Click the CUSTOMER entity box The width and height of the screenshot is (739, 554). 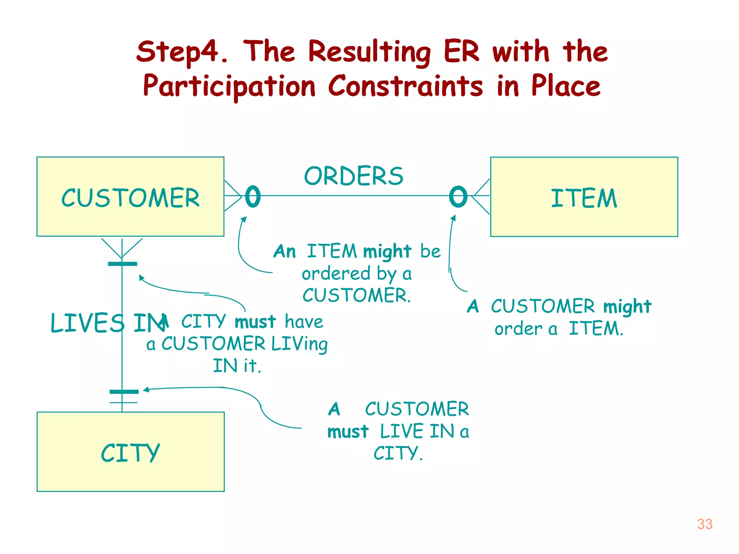point(130,197)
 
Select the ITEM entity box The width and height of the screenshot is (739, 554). point(584,197)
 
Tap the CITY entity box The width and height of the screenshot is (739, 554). point(130,452)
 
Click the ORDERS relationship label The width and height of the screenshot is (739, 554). point(354,176)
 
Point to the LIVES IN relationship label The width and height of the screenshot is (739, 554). point(105,323)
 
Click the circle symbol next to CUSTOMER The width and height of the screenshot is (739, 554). point(253,197)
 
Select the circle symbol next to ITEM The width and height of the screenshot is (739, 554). point(458,197)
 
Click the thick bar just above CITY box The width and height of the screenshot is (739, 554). point(124,392)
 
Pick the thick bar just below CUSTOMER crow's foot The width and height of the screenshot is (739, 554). point(122,264)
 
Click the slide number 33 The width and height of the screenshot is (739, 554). point(704,524)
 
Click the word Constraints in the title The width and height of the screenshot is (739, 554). point(405,87)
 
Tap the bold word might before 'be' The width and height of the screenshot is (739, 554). point(387,251)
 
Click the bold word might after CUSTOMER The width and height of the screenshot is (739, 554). point(627,307)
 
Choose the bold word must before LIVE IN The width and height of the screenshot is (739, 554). point(348,432)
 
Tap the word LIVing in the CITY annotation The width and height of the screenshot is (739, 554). point(299,344)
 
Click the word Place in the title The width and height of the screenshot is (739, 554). point(565,87)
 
